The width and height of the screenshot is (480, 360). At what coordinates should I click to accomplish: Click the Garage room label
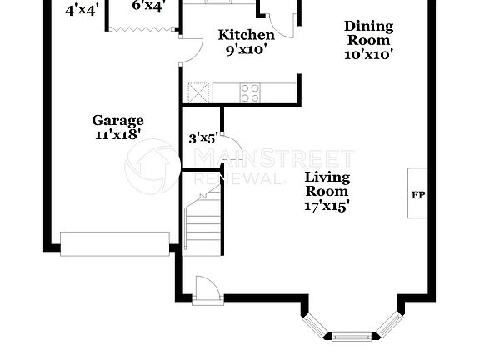pyautogui.click(x=117, y=120)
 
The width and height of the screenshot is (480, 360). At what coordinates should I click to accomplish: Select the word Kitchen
pyautogui.click(x=246, y=35)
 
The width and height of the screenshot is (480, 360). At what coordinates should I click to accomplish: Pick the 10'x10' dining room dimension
pyautogui.click(x=368, y=53)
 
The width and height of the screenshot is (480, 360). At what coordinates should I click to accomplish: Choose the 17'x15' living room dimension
pyautogui.click(x=327, y=205)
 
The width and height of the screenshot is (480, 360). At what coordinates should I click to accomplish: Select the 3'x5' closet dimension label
pyautogui.click(x=202, y=138)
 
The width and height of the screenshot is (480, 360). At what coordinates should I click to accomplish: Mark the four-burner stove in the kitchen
pyautogui.click(x=250, y=92)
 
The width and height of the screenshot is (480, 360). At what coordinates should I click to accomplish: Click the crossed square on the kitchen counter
pyautogui.click(x=198, y=92)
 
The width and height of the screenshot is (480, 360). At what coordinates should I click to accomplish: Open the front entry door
pyautogui.click(x=207, y=290)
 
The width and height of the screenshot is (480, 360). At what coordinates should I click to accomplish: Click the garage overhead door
pyautogui.click(x=114, y=243)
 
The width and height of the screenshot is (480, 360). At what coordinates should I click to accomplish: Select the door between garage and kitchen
pyautogui.click(x=188, y=51)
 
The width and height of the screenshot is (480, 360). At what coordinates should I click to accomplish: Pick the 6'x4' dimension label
pyautogui.click(x=148, y=5)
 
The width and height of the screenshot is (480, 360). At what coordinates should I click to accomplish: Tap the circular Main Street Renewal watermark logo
pyautogui.click(x=152, y=167)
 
